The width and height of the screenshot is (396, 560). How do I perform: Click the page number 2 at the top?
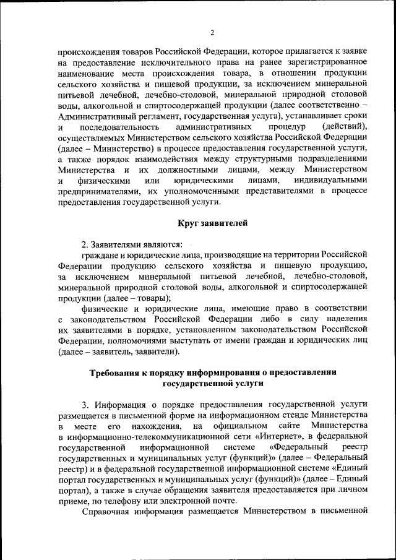tap(212, 32)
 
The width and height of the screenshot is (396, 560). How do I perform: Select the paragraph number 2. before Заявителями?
tap(86, 243)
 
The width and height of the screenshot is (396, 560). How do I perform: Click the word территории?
tap(290, 254)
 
